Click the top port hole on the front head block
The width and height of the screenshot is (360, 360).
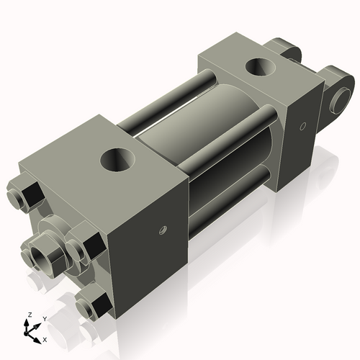coord(116,158)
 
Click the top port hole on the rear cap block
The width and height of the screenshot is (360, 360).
coord(259,68)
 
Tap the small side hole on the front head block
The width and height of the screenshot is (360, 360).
coord(163,231)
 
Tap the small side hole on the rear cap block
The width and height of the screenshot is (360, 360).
coord(303,127)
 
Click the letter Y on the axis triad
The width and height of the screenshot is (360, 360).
coord(44,318)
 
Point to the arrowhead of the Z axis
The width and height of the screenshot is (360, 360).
coord(27,323)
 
